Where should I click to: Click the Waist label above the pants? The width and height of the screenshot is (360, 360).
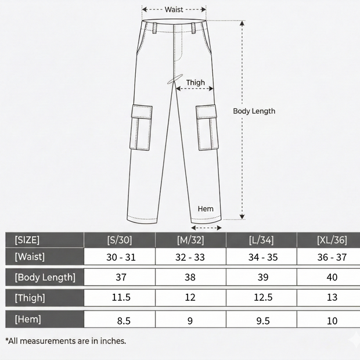point(174,10)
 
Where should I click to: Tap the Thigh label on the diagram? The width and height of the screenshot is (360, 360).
point(195,82)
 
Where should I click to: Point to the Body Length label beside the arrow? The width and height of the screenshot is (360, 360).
point(254,111)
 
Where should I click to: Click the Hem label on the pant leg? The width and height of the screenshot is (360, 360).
point(206,208)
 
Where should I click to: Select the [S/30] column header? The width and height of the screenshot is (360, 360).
point(120,240)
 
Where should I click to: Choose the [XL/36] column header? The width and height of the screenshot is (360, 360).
point(332,240)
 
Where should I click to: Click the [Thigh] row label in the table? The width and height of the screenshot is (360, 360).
point(30,298)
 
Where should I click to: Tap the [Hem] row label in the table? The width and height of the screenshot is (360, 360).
point(28,319)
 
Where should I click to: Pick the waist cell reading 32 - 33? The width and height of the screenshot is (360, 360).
point(190,257)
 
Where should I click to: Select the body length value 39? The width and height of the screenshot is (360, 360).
point(263,278)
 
